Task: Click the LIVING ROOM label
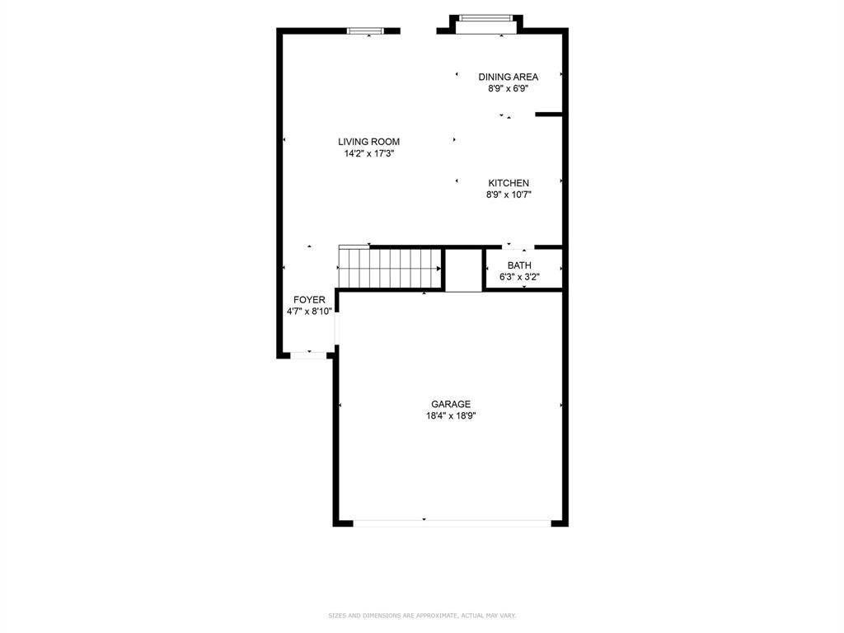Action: [x=368, y=142]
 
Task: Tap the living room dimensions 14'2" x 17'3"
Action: [x=368, y=153]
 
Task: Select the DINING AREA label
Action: [x=508, y=77]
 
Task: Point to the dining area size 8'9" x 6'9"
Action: [x=508, y=89]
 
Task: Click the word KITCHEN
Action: [x=509, y=183]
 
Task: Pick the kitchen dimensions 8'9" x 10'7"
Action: [x=509, y=195]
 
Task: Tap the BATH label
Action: [x=519, y=265]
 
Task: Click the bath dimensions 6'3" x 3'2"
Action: [x=519, y=277]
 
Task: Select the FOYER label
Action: [x=309, y=299]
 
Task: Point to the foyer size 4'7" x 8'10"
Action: [x=309, y=312]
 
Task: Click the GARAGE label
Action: [x=451, y=404]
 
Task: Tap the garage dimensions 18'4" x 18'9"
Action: [x=451, y=416]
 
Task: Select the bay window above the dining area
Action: [x=485, y=18]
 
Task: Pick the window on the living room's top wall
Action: [x=368, y=31]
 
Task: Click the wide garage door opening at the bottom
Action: [x=452, y=522]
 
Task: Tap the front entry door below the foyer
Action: [x=309, y=355]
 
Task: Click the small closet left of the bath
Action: [x=463, y=270]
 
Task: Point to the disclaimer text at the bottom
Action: [x=422, y=615]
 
